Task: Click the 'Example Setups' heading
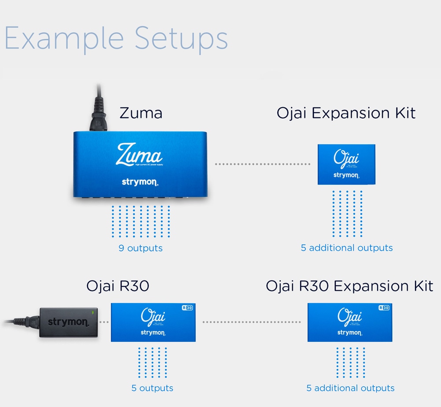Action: (x=116, y=38)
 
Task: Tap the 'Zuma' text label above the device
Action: (x=141, y=113)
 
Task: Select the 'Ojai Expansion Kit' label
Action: (x=346, y=113)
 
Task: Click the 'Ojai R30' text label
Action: (x=118, y=286)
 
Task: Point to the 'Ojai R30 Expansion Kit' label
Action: (x=349, y=286)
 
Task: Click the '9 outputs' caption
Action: (x=141, y=248)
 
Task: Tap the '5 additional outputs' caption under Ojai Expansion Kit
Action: (x=347, y=248)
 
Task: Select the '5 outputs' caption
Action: (x=152, y=388)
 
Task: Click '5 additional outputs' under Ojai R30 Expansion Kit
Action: (x=350, y=388)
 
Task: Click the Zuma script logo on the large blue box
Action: (x=139, y=155)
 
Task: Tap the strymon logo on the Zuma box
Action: (x=139, y=181)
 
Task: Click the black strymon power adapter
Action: (x=68, y=322)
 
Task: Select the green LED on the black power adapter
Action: (x=93, y=312)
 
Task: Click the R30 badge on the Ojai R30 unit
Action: (x=188, y=308)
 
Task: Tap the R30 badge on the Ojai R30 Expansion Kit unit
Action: (x=384, y=308)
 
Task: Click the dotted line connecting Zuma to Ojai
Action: (x=263, y=164)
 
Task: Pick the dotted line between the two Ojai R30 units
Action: (x=252, y=322)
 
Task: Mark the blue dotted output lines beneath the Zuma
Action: (x=141, y=222)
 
